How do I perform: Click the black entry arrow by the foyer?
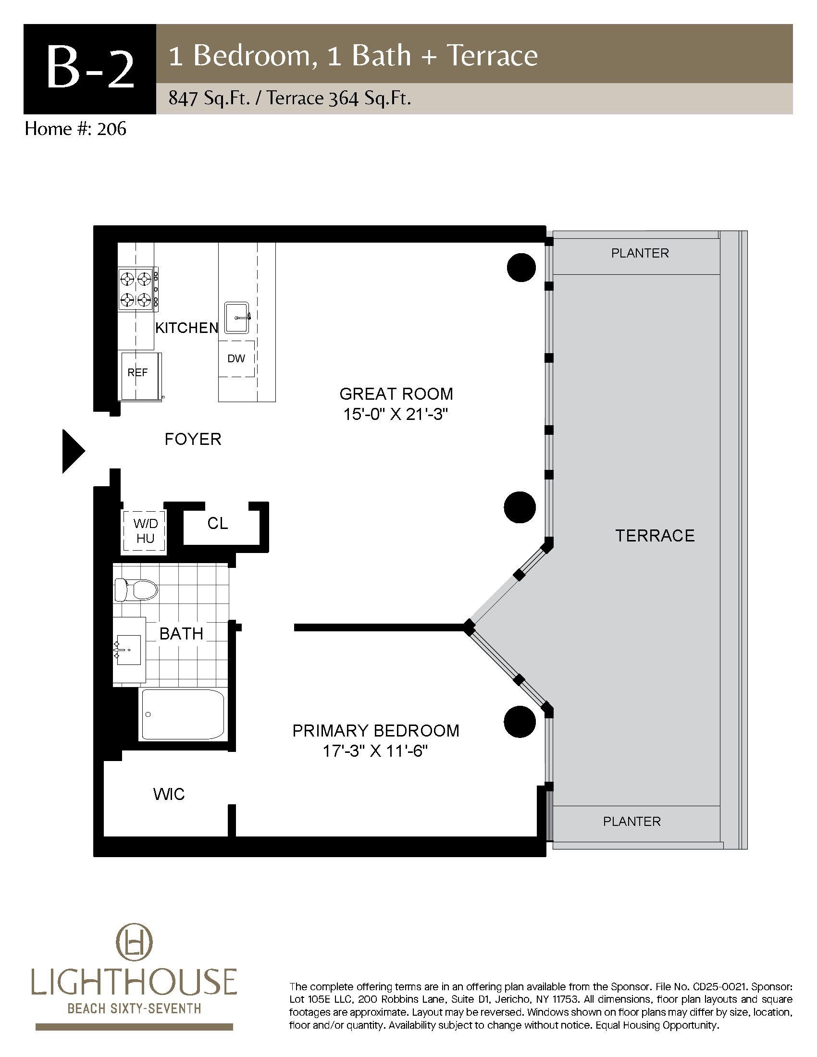point(73,451)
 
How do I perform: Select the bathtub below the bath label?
point(182,714)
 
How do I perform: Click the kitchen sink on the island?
point(237,318)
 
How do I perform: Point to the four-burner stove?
point(138,289)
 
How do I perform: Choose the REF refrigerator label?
point(137,373)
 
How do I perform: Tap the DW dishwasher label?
point(236,358)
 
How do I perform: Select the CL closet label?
point(217,523)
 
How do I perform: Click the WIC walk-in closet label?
point(169,794)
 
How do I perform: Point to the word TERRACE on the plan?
point(655,536)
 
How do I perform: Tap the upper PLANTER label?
point(640,253)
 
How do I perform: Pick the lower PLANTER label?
point(631,821)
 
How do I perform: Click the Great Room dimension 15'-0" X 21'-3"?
point(394,415)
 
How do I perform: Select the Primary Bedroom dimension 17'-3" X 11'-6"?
point(376,751)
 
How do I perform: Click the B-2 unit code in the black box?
point(90,69)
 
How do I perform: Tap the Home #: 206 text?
point(75,129)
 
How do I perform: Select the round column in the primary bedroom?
point(520,722)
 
